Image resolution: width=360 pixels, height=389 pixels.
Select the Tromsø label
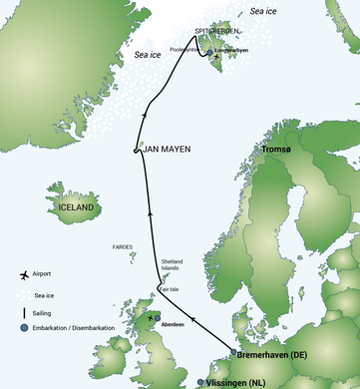click(x=276, y=150)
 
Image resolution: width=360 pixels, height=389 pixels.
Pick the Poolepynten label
click(x=188, y=47)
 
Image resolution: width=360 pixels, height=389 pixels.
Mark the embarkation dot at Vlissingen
click(x=202, y=382)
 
